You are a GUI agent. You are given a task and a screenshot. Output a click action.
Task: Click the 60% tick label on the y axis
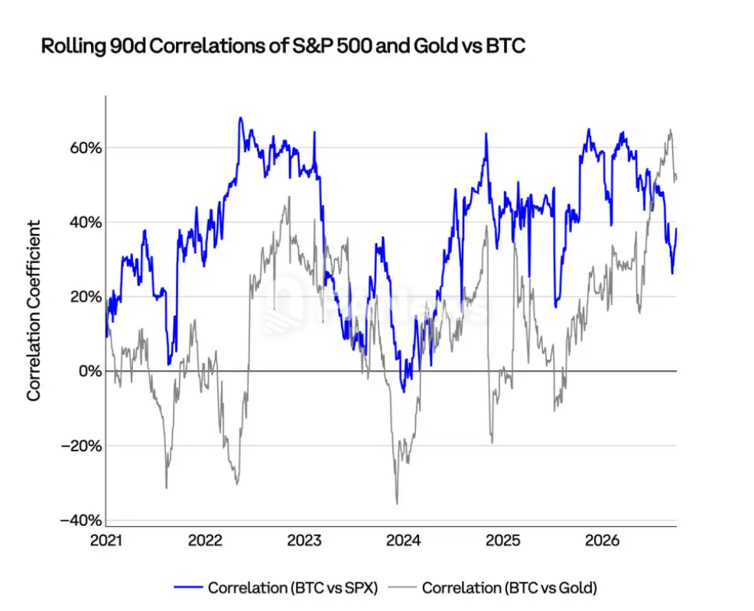[86, 148]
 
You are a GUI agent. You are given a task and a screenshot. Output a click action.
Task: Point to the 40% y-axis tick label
[86, 223]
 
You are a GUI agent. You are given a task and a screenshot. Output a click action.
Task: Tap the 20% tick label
[86, 297]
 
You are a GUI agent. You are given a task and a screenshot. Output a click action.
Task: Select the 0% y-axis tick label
[90, 371]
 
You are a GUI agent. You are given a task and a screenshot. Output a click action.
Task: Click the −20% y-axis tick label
[81, 446]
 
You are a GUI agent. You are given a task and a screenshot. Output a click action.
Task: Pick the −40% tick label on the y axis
[81, 520]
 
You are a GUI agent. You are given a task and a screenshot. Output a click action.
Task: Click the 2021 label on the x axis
[106, 541]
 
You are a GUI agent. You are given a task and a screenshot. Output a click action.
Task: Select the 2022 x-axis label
[206, 541]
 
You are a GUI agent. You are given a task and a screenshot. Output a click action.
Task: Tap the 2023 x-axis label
[304, 541]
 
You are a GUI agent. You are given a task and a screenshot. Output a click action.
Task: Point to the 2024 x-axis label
[404, 541]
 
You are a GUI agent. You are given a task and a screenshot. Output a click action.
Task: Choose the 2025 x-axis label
[503, 541]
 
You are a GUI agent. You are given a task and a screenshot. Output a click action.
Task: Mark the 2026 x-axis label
[602, 541]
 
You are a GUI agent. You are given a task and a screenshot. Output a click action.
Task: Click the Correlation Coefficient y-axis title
[34, 310]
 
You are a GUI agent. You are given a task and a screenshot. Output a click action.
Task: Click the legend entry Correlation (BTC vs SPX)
[293, 588]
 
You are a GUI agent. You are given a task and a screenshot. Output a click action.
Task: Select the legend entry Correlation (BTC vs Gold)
[509, 588]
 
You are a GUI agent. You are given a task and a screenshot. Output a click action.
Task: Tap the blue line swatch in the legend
[188, 587]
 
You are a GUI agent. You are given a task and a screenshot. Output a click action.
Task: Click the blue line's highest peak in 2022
[240, 118]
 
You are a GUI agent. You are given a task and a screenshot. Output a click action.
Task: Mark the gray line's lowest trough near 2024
[397, 503]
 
